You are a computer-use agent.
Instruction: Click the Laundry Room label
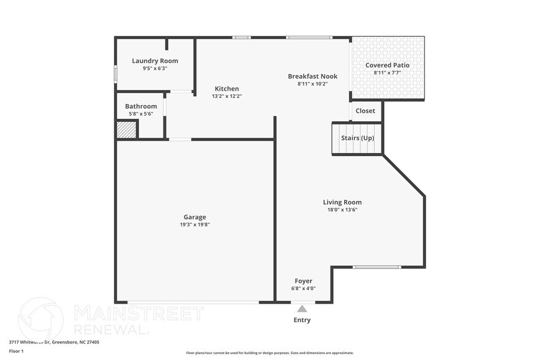pos(155,61)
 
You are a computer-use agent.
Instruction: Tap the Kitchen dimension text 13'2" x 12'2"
pos(227,96)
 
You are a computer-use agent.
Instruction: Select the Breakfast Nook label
pos(312,76)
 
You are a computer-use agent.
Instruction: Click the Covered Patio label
pos(387,65)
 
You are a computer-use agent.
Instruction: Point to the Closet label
pos(366,111)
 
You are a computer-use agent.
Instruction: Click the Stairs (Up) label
pos(357,138)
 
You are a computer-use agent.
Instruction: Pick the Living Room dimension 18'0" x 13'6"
pos(342,210)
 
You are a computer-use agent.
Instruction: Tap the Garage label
pos(195,217)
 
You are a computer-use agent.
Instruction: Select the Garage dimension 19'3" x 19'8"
pos(195,225)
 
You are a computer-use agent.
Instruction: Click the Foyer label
pos(304,281)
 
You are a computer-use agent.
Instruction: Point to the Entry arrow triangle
pos(302,309)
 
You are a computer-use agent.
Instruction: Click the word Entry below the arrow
pos(302,320)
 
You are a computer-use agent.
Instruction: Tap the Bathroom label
pos(141,106)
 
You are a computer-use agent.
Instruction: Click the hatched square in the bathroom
pos(127,130)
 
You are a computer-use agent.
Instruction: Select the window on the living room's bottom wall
pos(377,267)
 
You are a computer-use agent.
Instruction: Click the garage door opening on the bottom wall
pos(193,302)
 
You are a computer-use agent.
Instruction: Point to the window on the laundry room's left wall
pos(116,72)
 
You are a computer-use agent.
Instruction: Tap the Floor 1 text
pos(16,351)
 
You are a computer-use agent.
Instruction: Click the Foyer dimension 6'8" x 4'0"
pos(304,288)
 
